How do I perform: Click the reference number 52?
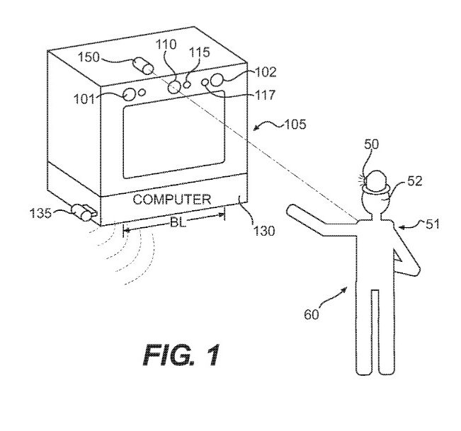click(x=414, y=181)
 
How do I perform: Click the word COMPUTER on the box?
click(x=172, y=200)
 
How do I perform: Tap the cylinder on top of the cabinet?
click(x=146, y=66)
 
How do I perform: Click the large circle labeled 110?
click(x=175, y=86)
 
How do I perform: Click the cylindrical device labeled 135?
click(x=84, y=211)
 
